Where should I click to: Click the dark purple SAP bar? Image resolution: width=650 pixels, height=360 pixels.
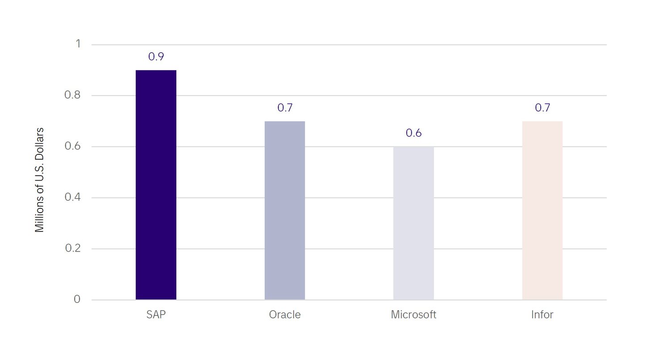point(156,185)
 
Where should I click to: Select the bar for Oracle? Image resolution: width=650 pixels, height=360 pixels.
point(285,210)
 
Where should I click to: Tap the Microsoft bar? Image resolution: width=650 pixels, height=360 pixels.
point(413,223)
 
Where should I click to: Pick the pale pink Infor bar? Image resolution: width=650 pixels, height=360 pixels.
point(542,210)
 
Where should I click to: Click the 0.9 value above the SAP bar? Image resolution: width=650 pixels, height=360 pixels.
point(156,57)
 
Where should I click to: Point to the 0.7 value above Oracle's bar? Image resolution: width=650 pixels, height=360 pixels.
point(285,108)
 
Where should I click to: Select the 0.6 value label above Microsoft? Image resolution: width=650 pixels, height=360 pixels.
point(413,133)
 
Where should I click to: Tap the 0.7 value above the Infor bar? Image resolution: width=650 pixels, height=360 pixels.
point(542,108)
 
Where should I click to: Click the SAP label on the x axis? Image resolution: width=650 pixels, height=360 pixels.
point(156,314)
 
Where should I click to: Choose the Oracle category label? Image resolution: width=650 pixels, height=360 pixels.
point(285,314)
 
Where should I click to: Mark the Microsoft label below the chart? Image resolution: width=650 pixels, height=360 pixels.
point(413,314)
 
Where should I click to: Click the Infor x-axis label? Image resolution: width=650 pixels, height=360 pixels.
point(542,314)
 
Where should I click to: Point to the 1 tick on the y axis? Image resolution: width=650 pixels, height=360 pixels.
point(78,44)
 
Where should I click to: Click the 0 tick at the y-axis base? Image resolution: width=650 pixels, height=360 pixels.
point(77,299)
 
